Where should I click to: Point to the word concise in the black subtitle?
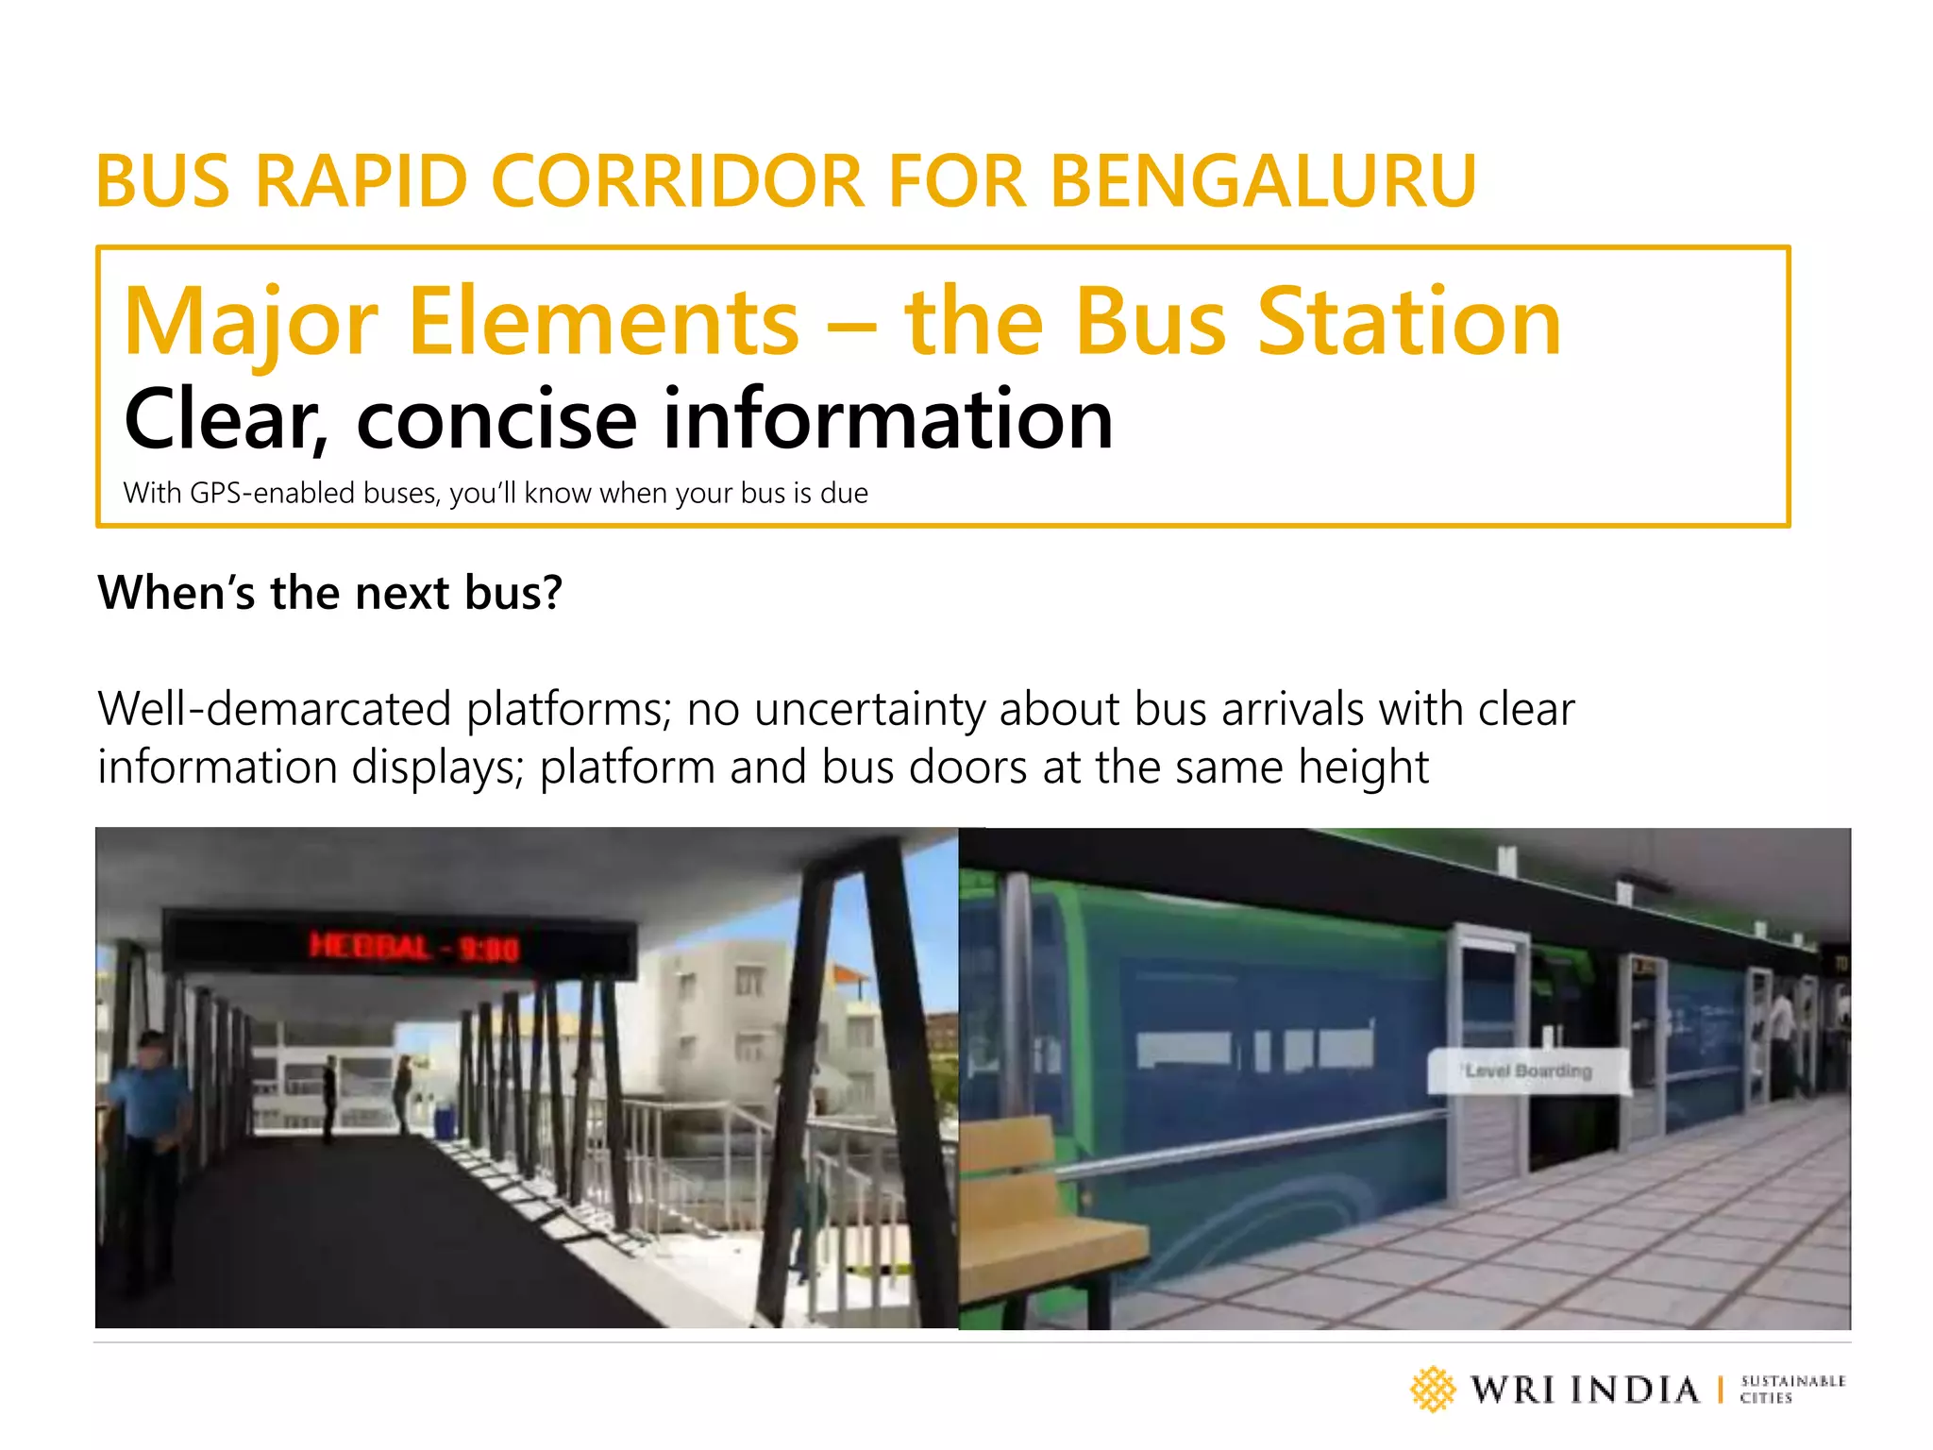coord(496,419)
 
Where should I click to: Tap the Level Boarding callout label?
coord(1528,1071)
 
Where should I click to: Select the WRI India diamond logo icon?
coord(1433,1390)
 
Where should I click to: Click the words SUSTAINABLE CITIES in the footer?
coord(1791,1390)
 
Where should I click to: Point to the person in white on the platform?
coord(1782,1038)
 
